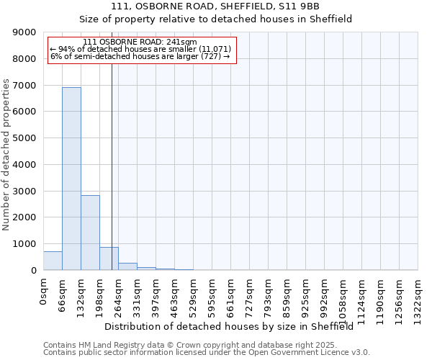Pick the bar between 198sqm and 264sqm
109,258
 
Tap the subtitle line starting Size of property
215,19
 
